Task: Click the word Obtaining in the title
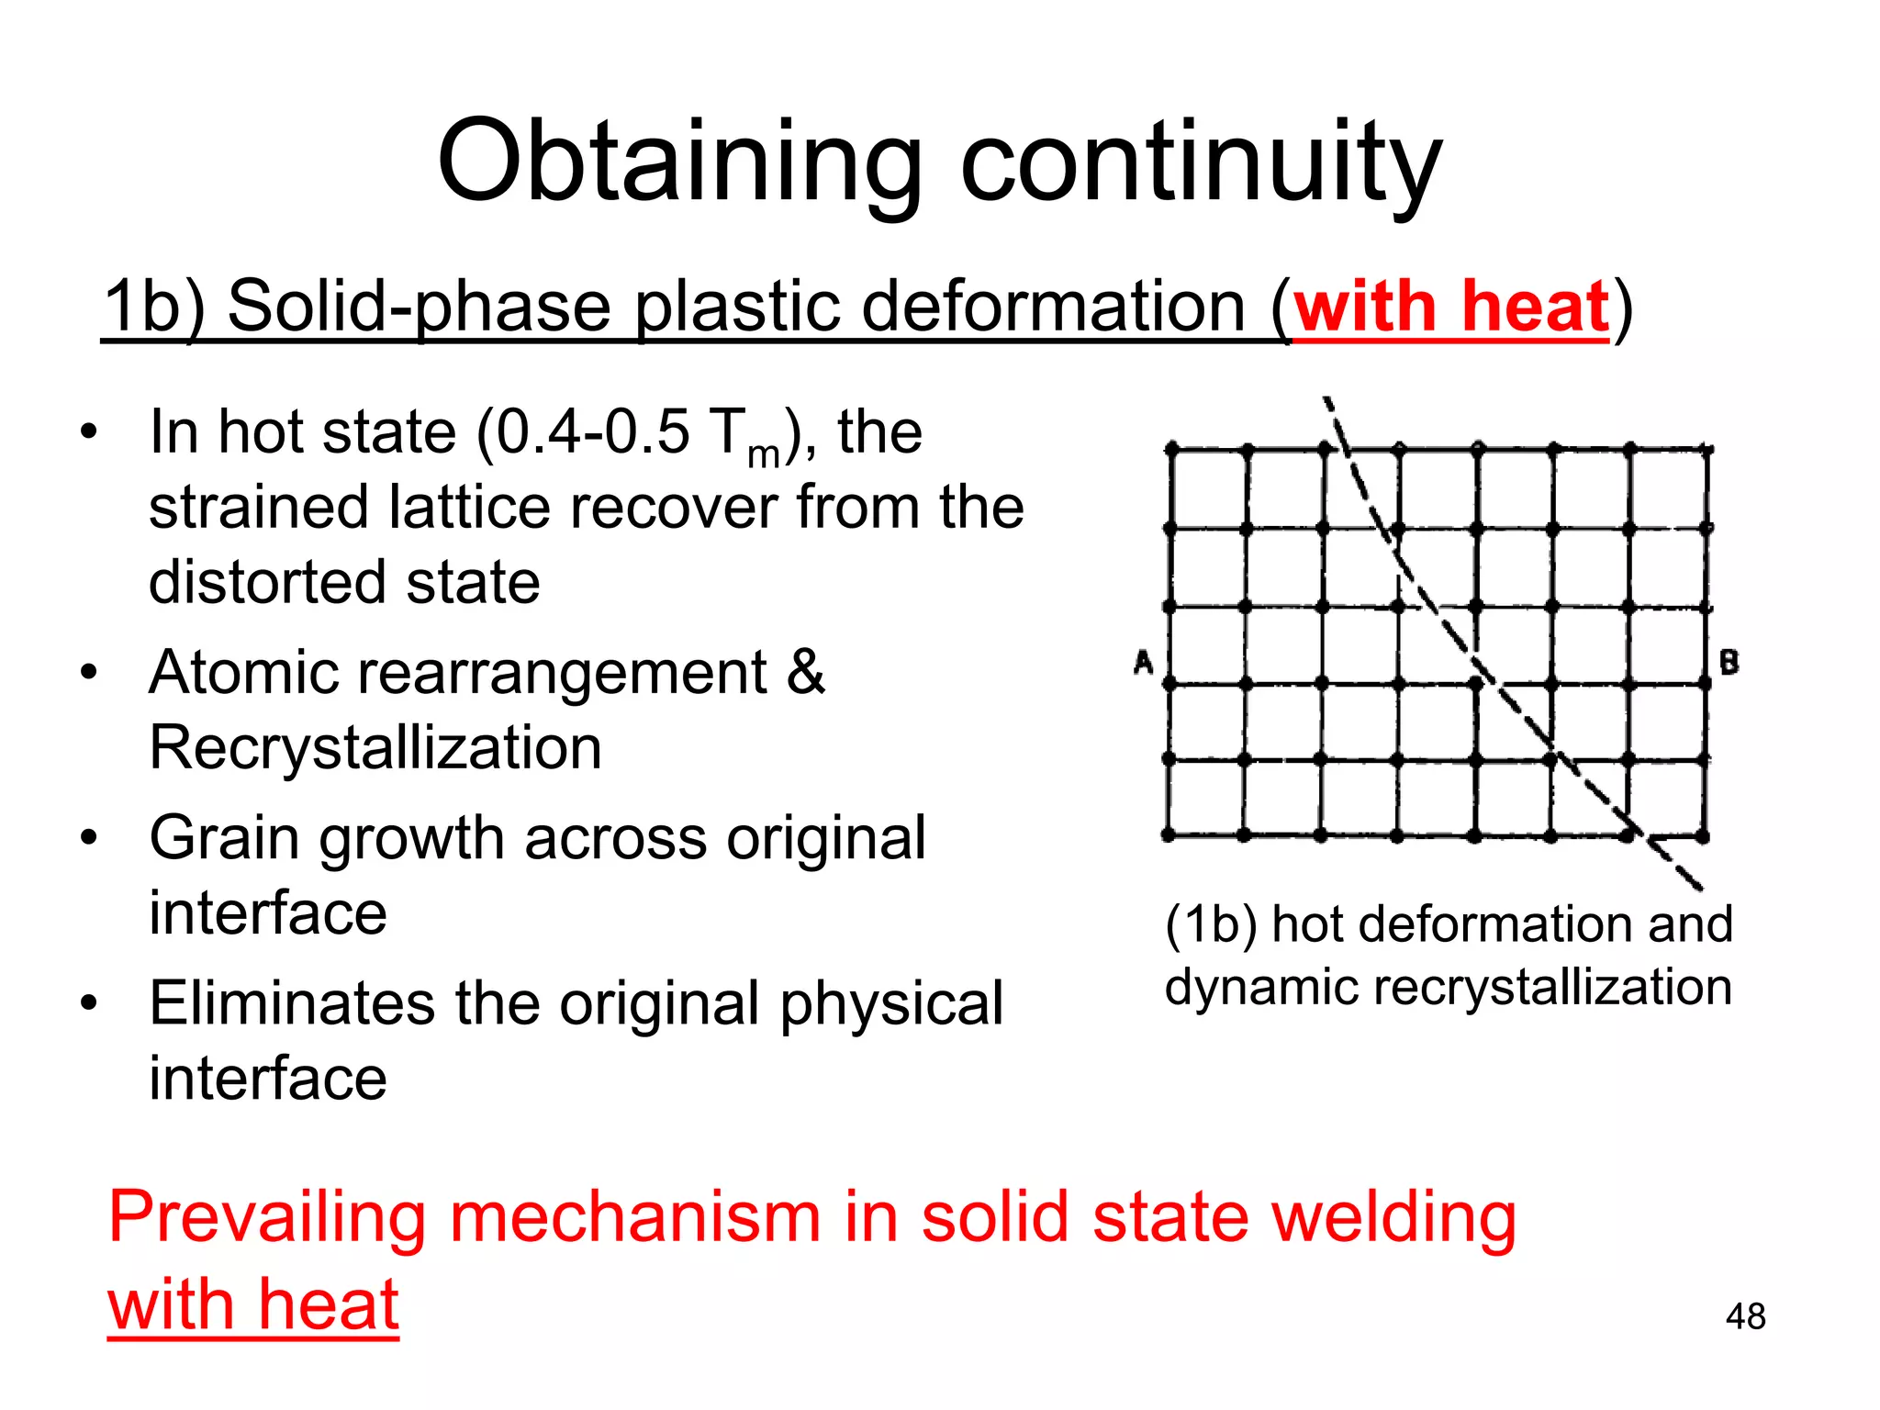coord(679,163)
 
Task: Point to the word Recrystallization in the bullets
coord(375,747)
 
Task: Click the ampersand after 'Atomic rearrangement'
coord(805,672)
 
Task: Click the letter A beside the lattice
coord(1143,661)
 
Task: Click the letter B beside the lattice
coord(1729,661)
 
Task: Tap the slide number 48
coord(1745,1316)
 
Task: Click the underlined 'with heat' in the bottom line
coord(253,1304)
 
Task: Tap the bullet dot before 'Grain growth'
coord(88,838)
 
